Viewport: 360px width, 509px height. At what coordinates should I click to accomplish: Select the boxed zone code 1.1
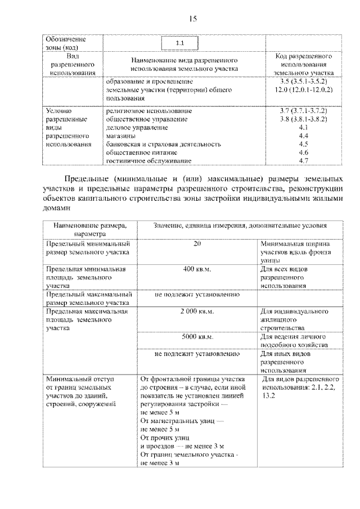click(179, 43)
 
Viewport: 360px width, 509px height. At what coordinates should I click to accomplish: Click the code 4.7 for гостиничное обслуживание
click(304, 161)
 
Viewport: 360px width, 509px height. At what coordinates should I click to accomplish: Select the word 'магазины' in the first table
click(120, 136)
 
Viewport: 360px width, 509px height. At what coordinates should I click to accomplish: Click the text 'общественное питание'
click(142, 152)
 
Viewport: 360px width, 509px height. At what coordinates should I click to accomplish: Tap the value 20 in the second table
click(197, 244)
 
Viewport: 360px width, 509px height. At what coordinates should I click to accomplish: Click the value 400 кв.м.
click(197, 269)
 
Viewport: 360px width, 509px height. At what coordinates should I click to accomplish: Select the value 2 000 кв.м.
click(197, 311)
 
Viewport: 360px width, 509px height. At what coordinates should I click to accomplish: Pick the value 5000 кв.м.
click(197, 337)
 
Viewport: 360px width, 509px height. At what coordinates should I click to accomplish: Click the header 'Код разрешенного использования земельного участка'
click(304, 65)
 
